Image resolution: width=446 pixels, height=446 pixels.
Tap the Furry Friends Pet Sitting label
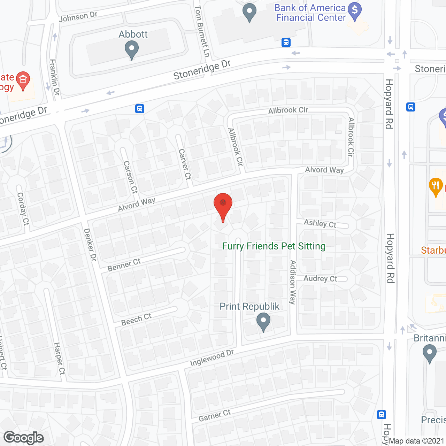coord(274,246)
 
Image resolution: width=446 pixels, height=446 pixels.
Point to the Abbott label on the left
coord(133,34)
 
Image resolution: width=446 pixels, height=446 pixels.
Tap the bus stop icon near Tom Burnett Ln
coord(286,43)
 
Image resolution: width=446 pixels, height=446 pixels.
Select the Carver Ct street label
coord(185,164)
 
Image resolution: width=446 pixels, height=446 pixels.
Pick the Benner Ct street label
coord(124,265)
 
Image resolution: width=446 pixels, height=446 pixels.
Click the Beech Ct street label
coord(136,320)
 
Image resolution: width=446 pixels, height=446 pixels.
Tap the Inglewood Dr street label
coord(212,358)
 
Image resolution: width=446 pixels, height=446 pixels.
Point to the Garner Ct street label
coord(215,415)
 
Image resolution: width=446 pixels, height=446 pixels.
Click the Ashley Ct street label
coord(320,223)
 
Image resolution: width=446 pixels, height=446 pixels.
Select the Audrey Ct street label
coord(320,278)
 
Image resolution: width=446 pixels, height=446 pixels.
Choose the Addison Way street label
coord(293,282)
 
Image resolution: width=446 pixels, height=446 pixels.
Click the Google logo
coord(24,438)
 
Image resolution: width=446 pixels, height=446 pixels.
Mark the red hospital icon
coord(23,80)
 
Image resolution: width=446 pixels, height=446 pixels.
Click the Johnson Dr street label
coord(78,17)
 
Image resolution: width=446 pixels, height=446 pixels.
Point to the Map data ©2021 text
coord(416,441)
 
